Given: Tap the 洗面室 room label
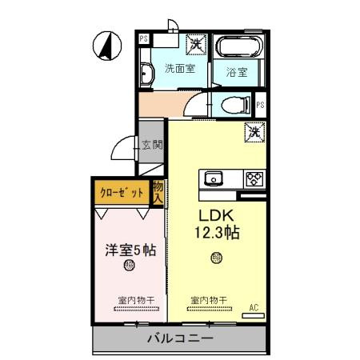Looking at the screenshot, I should point(180,68).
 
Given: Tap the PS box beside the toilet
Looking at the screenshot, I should point(260,104).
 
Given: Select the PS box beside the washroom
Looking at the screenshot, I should point(144,38).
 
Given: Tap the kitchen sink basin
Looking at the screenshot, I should point(214,178).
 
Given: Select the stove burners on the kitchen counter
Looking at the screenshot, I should point(254,178).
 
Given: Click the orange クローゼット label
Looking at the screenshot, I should point(122,192).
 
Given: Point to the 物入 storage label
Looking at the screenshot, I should point(158,191).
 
